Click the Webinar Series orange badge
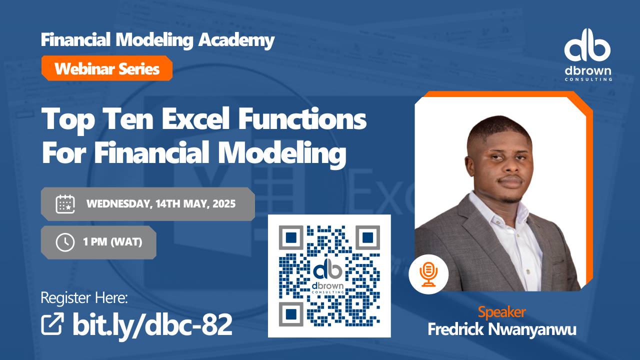(x=106, y=68)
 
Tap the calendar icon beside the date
(x=65, y=204)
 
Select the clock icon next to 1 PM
(x=65, y=242)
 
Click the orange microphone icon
(x=428, y=274)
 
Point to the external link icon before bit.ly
(x=52, y=324)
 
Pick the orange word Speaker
(x=501, y=312)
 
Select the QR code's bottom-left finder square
(x=291, y=315)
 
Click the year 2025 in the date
(x=223, y=204)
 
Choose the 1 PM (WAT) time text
(x=112, y=242)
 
